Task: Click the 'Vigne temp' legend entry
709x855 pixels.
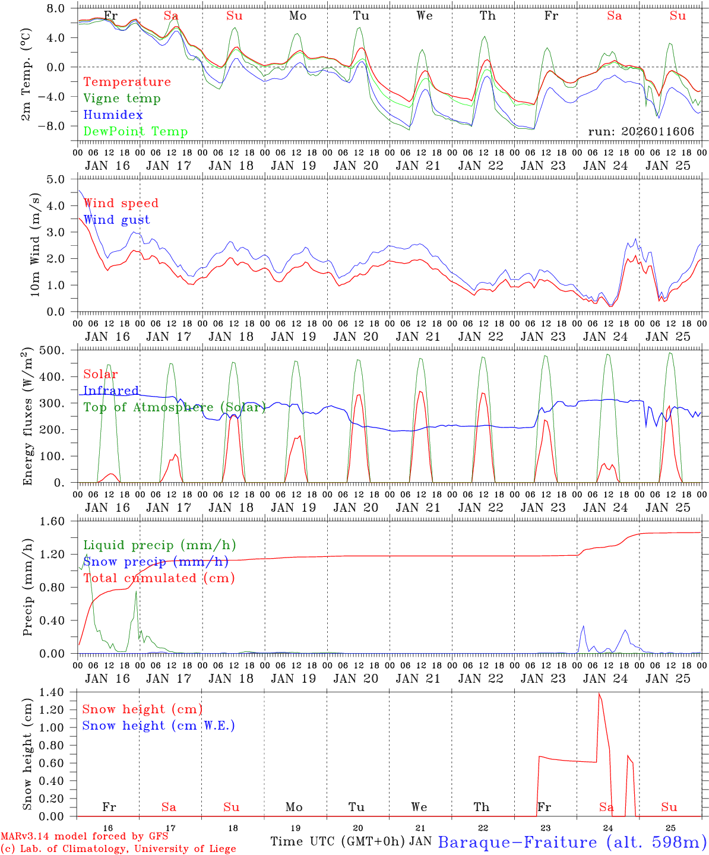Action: (x=122, y=99)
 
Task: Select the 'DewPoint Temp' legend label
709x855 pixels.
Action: (x=135, y=132)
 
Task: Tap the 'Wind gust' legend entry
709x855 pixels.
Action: (x=116, y=220)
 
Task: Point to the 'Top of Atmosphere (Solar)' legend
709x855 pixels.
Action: (x=174, y=407)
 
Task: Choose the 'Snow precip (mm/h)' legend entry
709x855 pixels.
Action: (x=156, y=562)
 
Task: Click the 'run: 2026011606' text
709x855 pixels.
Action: (x=641, y=132)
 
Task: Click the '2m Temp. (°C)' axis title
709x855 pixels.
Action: (x=26, y=75)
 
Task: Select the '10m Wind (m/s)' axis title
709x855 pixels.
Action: (x=34, y=245)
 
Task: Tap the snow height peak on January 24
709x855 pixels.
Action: (x=599, y=693)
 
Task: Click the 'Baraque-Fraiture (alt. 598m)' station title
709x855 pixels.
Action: (x=572, y=842)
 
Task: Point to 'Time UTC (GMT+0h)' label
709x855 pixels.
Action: (x=338, y=841)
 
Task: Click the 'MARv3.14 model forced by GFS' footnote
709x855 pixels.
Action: (x=84, y=837)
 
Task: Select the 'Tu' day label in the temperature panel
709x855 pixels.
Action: (x=361, y=16)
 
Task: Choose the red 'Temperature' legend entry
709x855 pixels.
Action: (x=127, y=82)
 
